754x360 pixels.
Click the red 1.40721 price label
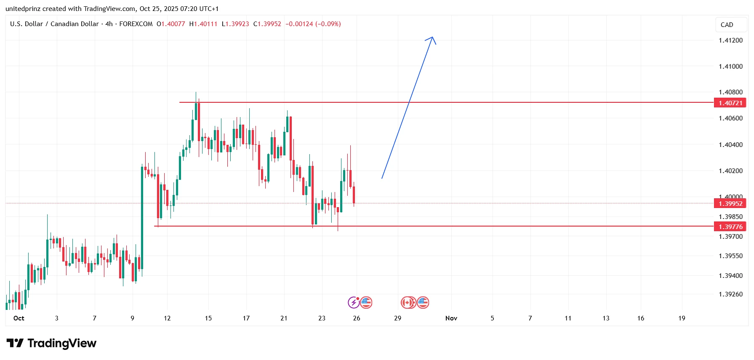(730, 103)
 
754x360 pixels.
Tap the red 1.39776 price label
(730, 227)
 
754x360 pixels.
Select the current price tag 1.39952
(730, 203)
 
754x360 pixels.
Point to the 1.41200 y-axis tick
(730, 40)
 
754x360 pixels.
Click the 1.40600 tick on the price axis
(730, 118)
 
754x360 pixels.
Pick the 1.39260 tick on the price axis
(730, 294)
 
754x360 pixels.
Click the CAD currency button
(727, 25)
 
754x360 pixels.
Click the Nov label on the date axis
(451, 318)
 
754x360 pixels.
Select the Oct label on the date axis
(19, 318)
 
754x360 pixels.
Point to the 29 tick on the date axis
(397, 318)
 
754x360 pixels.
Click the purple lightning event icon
(354, 302)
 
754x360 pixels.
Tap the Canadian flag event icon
(407, 302)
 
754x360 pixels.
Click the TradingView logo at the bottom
(51, 344)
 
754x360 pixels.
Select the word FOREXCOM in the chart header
(136, 24)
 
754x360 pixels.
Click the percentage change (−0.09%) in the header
(328, 24)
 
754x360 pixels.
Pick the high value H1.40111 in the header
(203, 24)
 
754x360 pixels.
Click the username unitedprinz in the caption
(23, 9)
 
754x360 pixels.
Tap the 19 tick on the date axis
(682, 318)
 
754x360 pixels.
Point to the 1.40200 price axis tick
(730, 171)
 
